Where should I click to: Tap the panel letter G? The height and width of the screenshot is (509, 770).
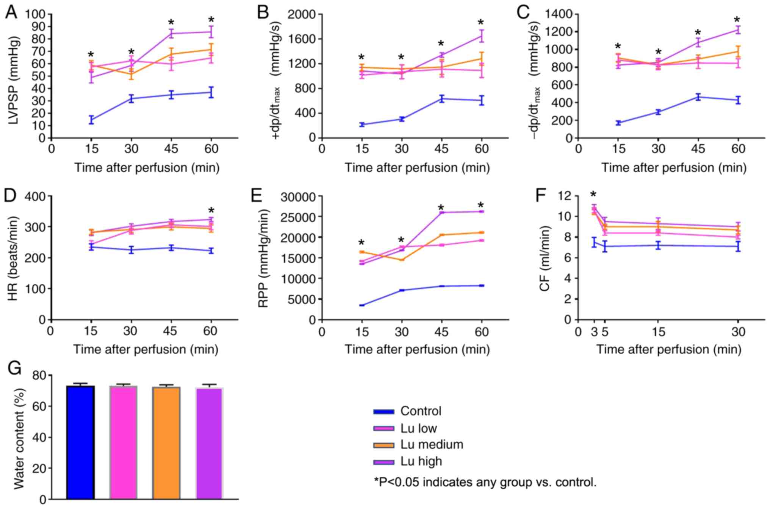click(x=14, y=367)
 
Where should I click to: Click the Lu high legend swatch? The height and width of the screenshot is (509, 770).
click(x=383, y=462)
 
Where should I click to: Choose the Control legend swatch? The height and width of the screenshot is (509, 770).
click(x=383, y=411)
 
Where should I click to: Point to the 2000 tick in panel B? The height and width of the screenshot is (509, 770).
click(x=302, y=14)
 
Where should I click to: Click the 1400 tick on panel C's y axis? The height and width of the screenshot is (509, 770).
click(x=559, y=14)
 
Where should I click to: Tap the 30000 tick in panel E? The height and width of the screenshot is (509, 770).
click(x=298, y=197)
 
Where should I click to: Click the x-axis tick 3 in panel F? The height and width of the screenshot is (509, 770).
click(x=594, y=332)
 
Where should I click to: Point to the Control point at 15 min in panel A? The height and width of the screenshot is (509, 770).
click(x=91, y=120)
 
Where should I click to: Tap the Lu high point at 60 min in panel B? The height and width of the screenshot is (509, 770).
click(x=481, y=36)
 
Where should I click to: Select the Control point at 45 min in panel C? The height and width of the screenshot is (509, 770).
click(x=698, y=97)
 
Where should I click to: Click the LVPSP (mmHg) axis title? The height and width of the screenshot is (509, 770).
click(x=14, y=76)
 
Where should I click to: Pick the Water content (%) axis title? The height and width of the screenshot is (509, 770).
click(x=19, y=437)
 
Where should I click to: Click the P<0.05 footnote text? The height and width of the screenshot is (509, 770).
click(x=485, y=483)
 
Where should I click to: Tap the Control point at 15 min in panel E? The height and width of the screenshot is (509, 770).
click(x=362, y=305)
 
